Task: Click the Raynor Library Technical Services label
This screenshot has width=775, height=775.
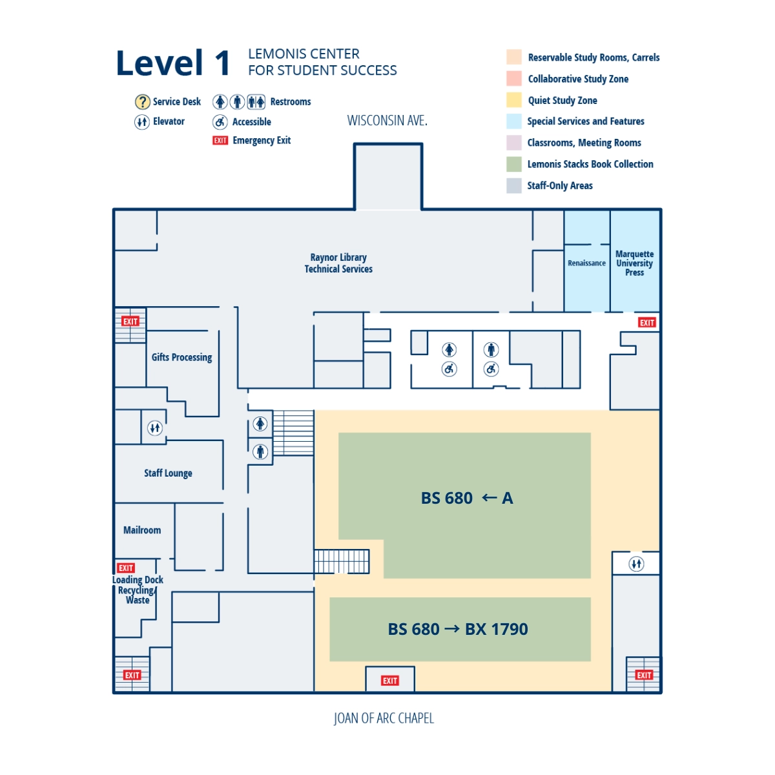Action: tap(338, 263)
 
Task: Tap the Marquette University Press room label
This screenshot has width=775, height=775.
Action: tap(634, 263)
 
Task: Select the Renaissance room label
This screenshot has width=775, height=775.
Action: tap(586, 263)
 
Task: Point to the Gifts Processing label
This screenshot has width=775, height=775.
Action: tap(181, 357)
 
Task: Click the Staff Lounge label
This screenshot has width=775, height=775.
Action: tap(168, 473)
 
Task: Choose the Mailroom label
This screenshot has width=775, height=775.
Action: tap(142, 530)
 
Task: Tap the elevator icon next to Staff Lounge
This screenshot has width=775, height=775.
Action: tap(155, 428)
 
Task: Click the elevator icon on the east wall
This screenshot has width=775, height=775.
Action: tap(636, 564)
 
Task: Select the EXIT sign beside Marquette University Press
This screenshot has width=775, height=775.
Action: tap(646, 322)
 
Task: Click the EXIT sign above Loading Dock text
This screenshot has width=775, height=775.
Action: tap(126, 568)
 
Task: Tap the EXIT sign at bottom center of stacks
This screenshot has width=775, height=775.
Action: tap(390, 681)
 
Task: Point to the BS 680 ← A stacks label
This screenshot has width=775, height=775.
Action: tap(466, 498)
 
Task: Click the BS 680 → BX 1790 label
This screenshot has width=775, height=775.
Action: tap(458, 629)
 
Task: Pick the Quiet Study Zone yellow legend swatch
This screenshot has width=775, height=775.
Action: tap(514, 100)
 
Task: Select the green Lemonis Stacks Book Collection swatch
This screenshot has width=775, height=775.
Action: tap(514, 164)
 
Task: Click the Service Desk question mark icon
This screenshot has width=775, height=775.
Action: tap(142, 102)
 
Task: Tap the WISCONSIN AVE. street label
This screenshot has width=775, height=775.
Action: tap(387, 121)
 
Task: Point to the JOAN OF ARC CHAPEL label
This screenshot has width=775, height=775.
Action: tap(384, 718)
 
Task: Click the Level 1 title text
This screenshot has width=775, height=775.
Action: tap(172, 63)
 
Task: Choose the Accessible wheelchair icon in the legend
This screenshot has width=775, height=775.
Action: tap(220, 122)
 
